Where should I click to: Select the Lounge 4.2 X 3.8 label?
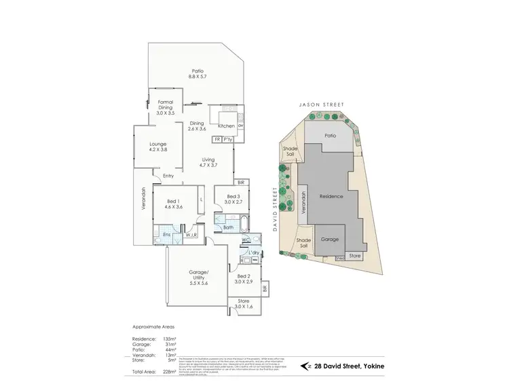pyautogui.click(x=157, y=147)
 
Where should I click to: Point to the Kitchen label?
pyautogui.click(x=225, y=126)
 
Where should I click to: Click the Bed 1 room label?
pyautogui.click(x=173, y=204)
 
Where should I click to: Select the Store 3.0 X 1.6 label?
pyautogui.click(x=243, y=304)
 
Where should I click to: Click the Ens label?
pyautogui.click(x=166, y=235)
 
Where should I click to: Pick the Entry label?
pyautogui.click(x=168, y=177)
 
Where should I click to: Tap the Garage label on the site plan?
pyautogui.click(x=329, y=240)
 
